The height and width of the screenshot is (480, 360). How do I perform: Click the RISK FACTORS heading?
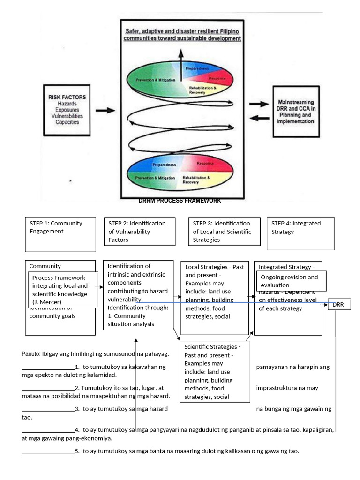67,97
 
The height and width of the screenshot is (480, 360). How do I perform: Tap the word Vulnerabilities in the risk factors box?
67,116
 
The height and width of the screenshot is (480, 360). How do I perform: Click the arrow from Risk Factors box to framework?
105,111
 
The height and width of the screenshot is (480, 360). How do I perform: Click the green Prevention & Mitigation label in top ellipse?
156,80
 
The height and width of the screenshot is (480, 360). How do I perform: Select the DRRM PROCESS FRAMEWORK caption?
180,201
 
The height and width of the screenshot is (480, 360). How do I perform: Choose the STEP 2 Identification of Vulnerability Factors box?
140,231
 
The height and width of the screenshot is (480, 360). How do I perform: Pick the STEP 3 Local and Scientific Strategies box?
224,231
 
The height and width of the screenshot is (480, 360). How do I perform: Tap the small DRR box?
338,305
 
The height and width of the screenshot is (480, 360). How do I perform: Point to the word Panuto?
31,353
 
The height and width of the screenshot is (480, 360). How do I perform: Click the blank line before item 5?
48,451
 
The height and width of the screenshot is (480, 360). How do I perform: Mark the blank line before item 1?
48,367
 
